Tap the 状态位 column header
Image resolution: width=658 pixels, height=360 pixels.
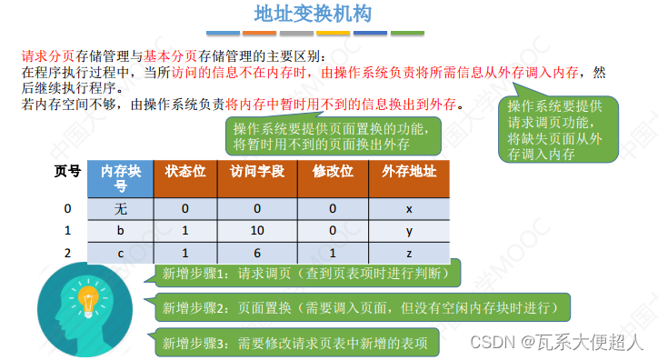(x=184, y=172)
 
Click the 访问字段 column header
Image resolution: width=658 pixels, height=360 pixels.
(x=256, y=172)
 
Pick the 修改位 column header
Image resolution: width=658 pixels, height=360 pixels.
(x=332, y=172)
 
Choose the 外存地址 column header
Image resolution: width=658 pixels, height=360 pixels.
(x=409, y=172)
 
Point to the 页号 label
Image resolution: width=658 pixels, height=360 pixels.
(x=67, y=171)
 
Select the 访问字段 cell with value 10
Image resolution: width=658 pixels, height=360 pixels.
(x=256, y=231)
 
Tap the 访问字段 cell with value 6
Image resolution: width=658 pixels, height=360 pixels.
(x=256, y=253)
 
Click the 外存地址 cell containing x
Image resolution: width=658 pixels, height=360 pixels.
(x=409, y=208)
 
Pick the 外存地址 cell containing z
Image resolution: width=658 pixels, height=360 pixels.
(x=409, y=253)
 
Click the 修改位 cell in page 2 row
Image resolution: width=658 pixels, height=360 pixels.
(x=332, y=253)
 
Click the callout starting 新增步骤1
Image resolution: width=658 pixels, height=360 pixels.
(x=309, y=272)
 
